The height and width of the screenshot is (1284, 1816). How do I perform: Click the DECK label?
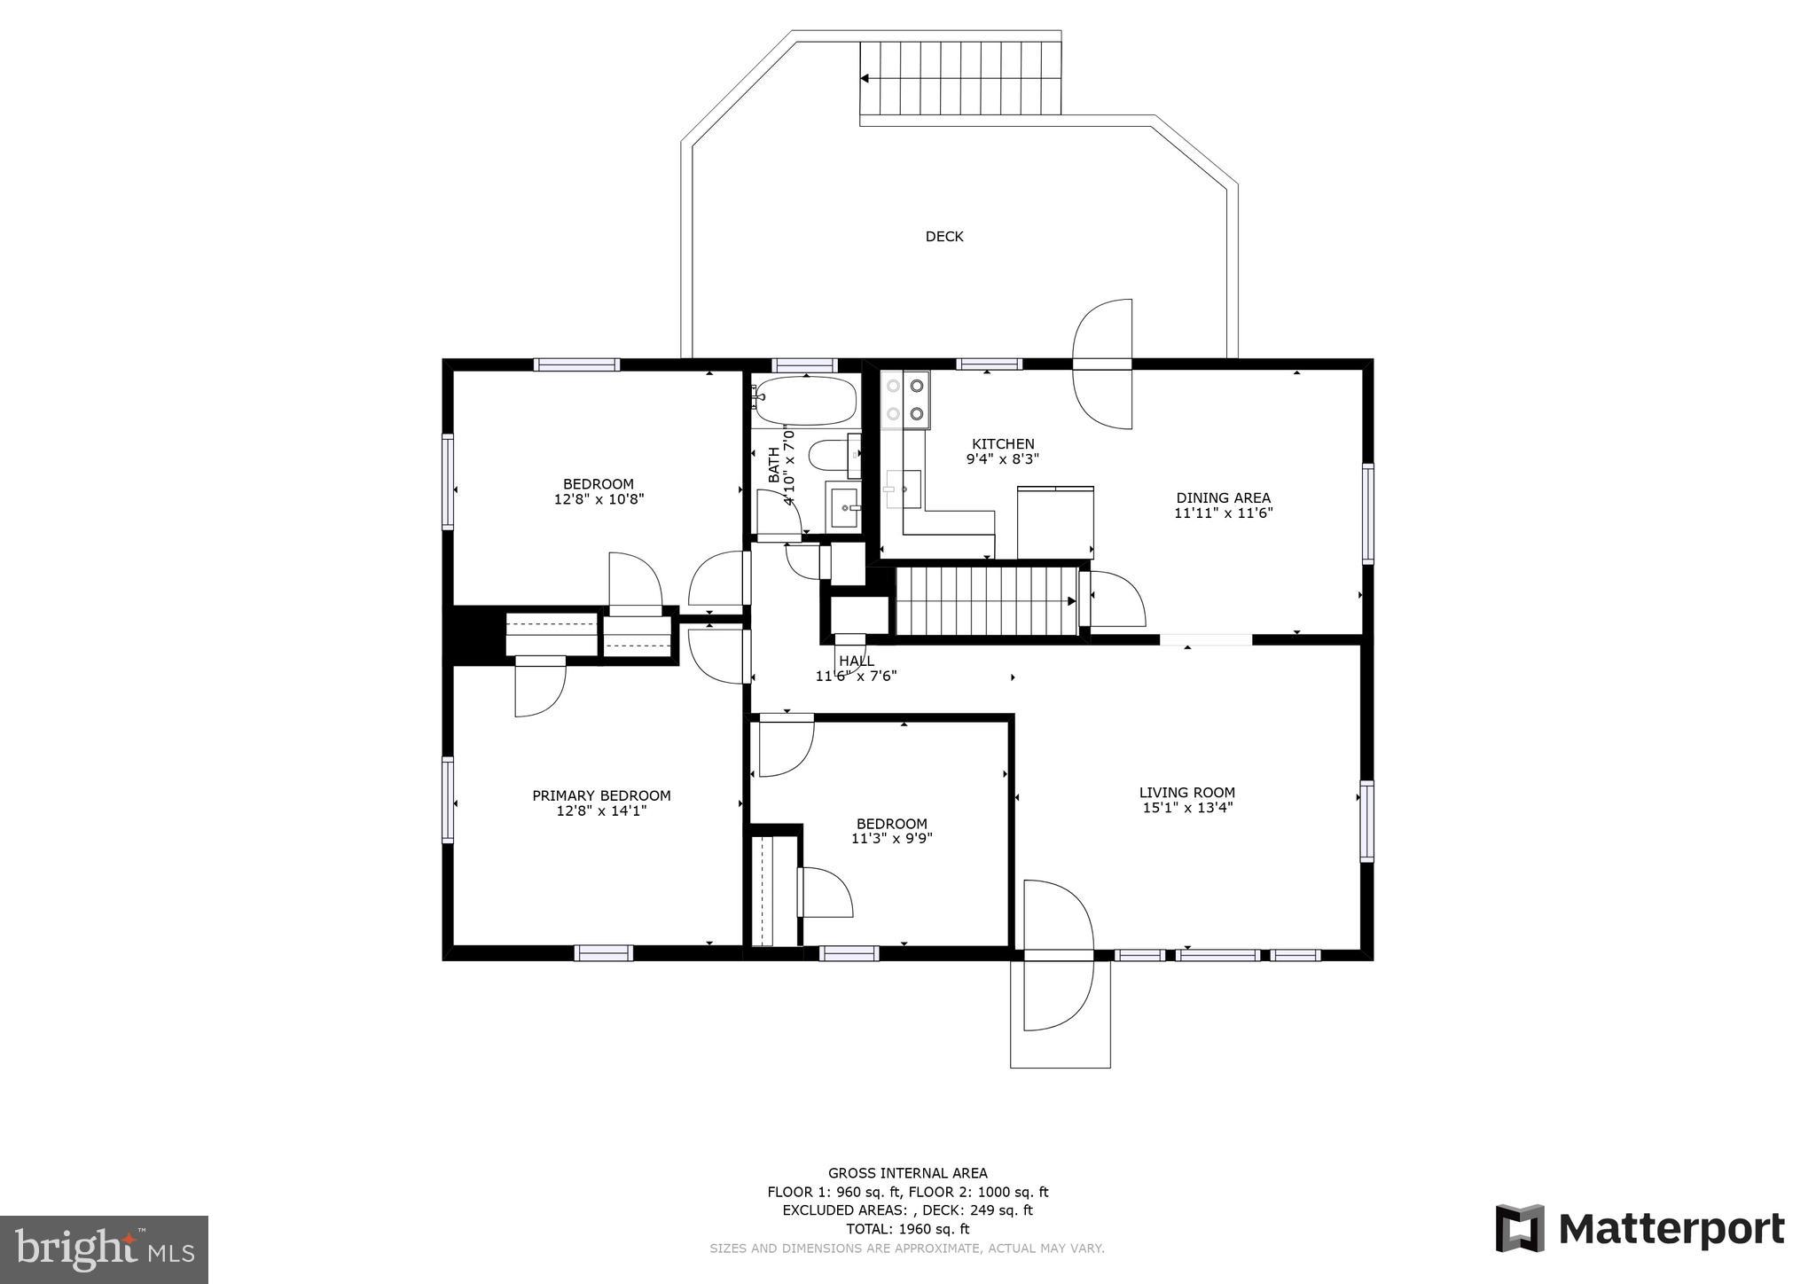point(943,237)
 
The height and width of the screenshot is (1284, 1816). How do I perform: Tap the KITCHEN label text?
point(1003,444)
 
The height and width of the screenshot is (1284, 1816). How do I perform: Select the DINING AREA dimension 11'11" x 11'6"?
point(1223,513)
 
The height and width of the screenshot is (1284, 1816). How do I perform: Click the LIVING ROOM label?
point(1186,793)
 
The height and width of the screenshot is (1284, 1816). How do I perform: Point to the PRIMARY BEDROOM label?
point(601,795)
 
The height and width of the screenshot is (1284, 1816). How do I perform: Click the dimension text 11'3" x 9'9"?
point(891,838)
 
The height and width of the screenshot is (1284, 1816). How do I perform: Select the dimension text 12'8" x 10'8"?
point(599,499)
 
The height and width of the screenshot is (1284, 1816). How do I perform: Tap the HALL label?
point(857,661)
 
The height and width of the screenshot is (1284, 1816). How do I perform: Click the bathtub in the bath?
point(805,401)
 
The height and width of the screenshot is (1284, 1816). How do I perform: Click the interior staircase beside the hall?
point(984,601)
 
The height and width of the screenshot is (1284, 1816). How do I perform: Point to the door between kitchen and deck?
point(1102,364)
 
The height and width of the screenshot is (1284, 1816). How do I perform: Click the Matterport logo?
point(1640,1229)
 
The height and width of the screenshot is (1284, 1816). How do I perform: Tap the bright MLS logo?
point(104,1249)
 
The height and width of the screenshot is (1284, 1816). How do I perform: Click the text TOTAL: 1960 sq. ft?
point(907,1229)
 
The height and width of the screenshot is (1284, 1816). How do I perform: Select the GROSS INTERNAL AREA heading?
point(907,1173)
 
